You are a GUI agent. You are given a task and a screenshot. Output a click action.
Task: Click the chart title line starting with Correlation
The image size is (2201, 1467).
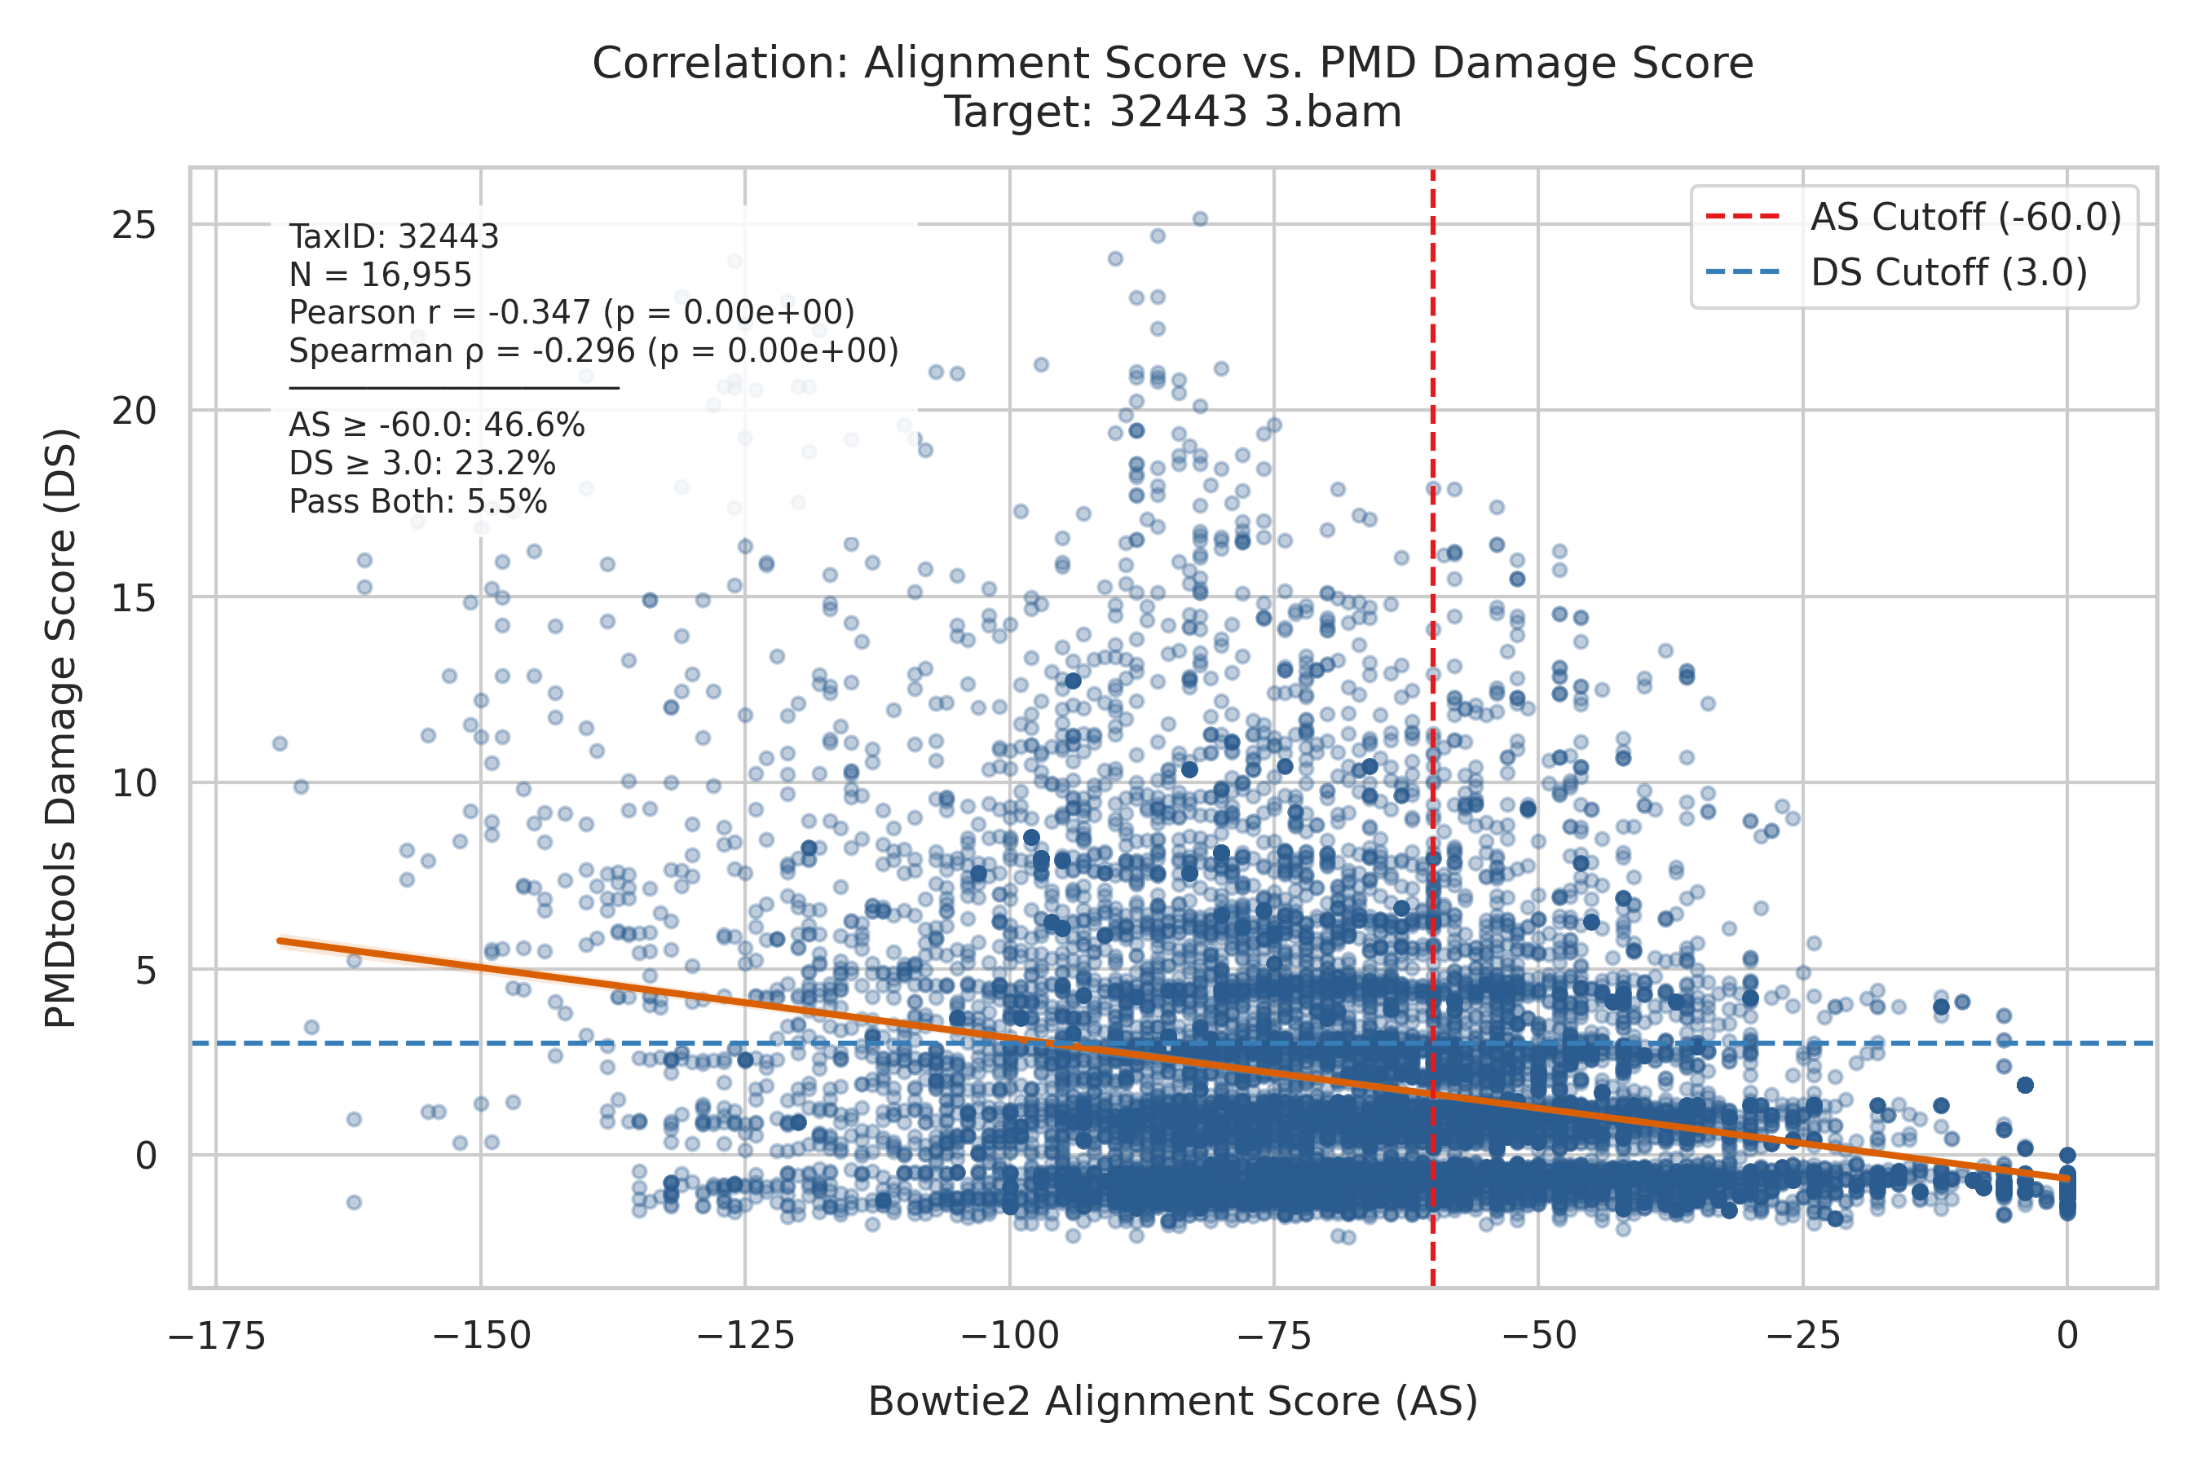pos(1172,64)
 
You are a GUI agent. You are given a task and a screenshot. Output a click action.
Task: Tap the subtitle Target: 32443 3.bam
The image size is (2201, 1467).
pos(1172,112)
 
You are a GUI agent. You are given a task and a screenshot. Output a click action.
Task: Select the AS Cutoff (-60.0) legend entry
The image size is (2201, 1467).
pos(1914,217)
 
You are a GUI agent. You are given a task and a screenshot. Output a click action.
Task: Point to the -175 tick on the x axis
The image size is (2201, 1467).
pos(217,1335)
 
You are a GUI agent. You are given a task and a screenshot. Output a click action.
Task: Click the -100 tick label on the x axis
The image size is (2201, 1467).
pos(1010,1335)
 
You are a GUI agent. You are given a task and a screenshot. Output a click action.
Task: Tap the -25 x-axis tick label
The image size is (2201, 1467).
pos(1803,1335)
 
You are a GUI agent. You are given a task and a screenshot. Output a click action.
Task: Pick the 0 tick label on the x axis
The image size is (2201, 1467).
pos(2068,1335)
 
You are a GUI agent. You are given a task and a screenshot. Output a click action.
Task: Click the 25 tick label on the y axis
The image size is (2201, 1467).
pos(134,225)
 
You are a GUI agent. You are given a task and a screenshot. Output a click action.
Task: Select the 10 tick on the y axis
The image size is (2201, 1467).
pos(134,783)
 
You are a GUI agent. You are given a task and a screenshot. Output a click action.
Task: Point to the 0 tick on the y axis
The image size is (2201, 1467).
pos(146,1156)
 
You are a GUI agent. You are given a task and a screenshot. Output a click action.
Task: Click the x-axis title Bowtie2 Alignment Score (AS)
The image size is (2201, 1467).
pos(1172,1402)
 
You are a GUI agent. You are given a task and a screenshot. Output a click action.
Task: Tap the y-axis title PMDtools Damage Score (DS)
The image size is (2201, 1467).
pos(61,729)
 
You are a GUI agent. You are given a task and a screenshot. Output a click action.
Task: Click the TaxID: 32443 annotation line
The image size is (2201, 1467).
pos(394,236)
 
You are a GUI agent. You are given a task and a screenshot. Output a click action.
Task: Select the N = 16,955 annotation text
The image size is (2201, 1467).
pos(381,275)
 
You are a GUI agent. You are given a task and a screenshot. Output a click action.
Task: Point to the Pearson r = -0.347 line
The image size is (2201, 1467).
pos(571,312)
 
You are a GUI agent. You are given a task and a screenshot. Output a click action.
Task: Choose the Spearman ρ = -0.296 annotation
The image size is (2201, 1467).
pos(593,350)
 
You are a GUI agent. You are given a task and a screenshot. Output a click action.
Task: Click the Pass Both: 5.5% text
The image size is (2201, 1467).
pos(417,501)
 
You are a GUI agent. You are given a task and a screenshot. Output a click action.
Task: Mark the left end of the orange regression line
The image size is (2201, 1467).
pos(279,941)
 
